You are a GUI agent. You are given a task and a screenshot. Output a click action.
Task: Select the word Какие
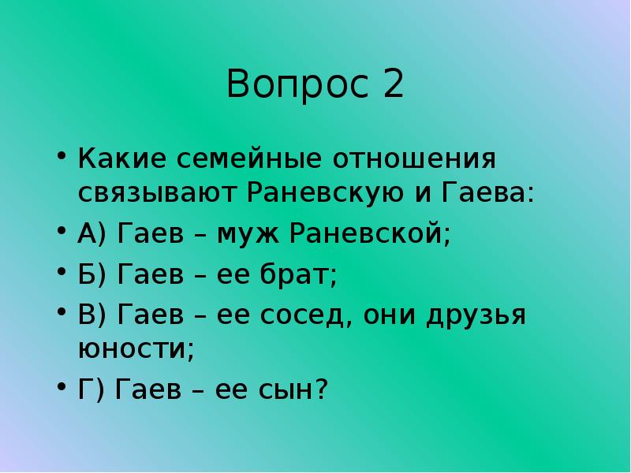(x=121, y=158)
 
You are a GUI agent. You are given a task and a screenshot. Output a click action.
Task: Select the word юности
(x=135, y=348)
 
